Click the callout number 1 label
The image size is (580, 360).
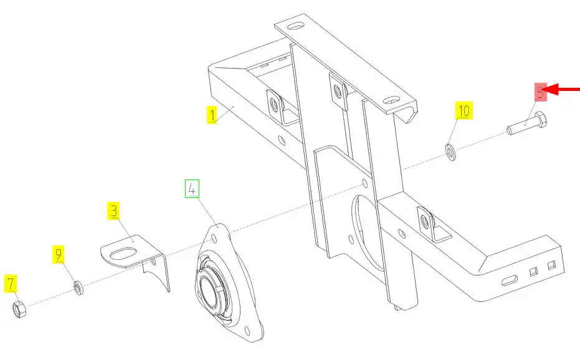click(x=212, y=115)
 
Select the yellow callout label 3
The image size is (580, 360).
click(x=114, y=211)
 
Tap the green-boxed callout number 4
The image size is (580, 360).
click(x=192, y=189)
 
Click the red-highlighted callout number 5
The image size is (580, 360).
click(x=540, y=92)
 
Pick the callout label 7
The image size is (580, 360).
click(x=11, y=283)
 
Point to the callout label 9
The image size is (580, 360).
click(x=59, y=254)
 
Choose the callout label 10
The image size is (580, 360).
click(x=464, y=110)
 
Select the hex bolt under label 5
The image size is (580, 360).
click(x=527, y=123)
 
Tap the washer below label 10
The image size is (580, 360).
click(x=450, y=152)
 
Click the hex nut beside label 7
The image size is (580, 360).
click(x=19, y=310)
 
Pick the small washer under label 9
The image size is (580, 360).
click(x=78, y=288)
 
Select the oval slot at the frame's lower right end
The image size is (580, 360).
click(x=510, y=280)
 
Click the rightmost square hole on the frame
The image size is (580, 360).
click(x=551, y=265)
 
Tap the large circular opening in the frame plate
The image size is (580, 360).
click(x=364, y=233)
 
